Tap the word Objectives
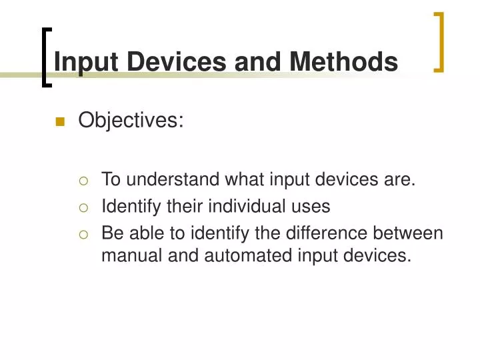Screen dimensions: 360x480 [x=131, y=121]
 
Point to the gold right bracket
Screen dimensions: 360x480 [x=439, y=41]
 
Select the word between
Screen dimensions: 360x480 [x=409, y=234]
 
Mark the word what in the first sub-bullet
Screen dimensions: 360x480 [x=244, y=179]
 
